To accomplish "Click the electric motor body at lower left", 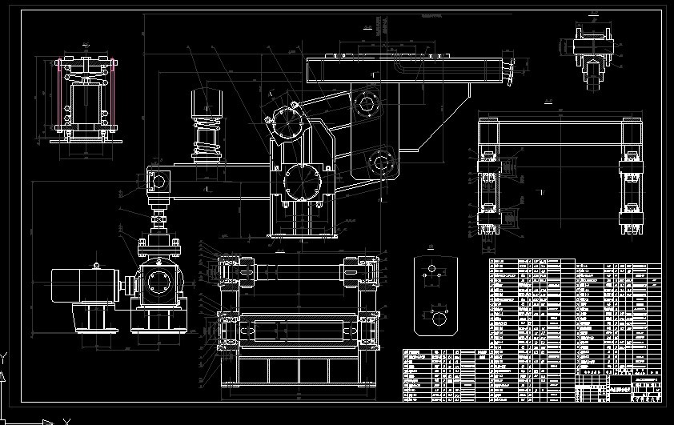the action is pos(85,285).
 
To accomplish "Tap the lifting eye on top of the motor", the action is pos(95,265).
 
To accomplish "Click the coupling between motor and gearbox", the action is pos(126,284).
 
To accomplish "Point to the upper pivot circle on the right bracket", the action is pos(367,103).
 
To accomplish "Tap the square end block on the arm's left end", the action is pos(158,180).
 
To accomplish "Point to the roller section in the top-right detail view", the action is pos(593,73).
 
